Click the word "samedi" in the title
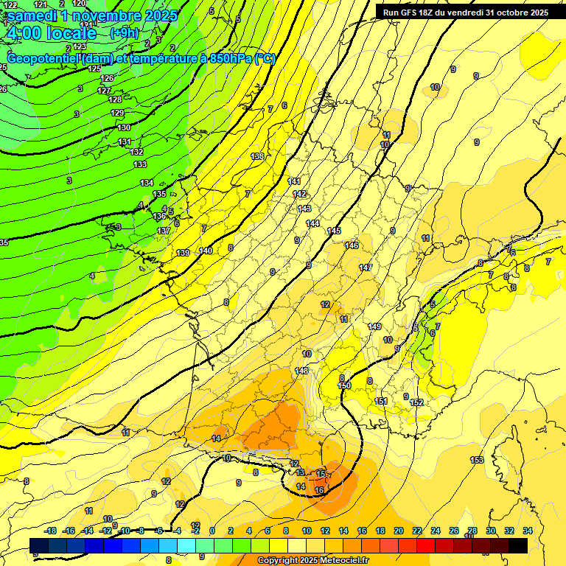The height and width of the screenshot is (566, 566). pyautogui.click(x=32, y=15)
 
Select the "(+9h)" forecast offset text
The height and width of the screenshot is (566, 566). pyautogui.click(x=125, y=32)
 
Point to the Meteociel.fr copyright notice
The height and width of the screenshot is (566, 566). pyautogui.click(x=312, y=561)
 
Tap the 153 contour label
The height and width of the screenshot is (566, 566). pyautogui.click(x=477, y=460)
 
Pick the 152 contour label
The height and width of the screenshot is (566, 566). pyautogui.click(x=416, y=402)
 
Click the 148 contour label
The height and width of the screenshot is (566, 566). pyautogui.click(x=301, y=371)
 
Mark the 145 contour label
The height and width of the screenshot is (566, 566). pyautogui.click(x=335, y=231)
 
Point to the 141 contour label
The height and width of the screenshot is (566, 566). pyautogui.click(x=294, y=181)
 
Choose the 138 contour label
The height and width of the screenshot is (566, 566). pyautogui.click(x=257, y=156)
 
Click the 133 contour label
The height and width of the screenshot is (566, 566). pyautogui.click(x=139, y=164)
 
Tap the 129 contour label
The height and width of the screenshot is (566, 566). pyautogui.click(x=117, y=113)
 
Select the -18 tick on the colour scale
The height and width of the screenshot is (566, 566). pyautogui.click(x=51, y=531)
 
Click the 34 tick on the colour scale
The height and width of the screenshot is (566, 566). pyautogui.click(x=528, y=531)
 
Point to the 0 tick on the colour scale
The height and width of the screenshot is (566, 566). pyautogui.click(x=212, y=531)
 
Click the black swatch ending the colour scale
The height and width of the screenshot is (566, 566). pyautogui.click(x=518, y=545)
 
